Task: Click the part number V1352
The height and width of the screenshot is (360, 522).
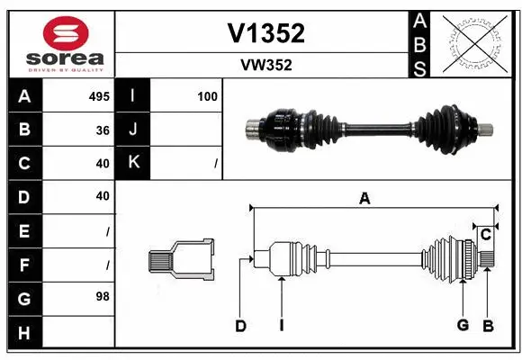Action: [x=266, y=33]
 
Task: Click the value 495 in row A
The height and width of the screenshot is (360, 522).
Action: [x=98, y=96]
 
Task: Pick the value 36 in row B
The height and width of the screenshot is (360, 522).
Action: [x=102, y=130]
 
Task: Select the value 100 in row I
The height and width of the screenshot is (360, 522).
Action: [x=207, y=96]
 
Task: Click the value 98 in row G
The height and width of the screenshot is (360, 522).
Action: [x=102, y=296]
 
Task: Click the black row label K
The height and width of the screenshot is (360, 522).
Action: [x=134, y=163]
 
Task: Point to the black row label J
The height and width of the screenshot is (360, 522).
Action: [x=134, y=130]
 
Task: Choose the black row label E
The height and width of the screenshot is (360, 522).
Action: [x=23, y=230]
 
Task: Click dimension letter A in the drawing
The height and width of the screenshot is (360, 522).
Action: [x=364, y=199]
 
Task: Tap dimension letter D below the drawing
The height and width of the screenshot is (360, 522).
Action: [x=240, y=326]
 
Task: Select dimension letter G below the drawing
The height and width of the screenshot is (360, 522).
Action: [x=463, y=325]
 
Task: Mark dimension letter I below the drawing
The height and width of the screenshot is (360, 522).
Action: [x=281, y=326]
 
